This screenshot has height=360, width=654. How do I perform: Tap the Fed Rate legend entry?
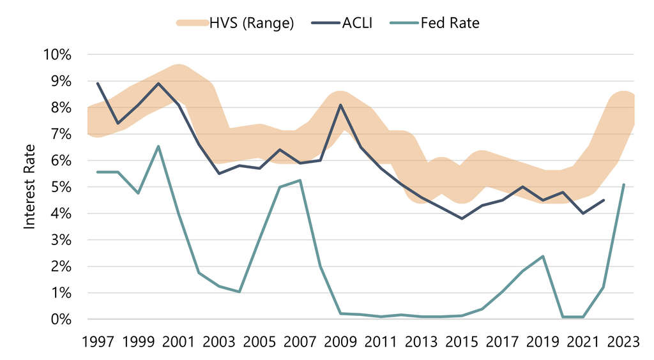pos(450,23)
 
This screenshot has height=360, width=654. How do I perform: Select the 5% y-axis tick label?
pos(60,187)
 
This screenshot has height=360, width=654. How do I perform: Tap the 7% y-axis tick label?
pos(60,134)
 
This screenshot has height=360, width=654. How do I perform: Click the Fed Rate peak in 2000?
pos(158,146)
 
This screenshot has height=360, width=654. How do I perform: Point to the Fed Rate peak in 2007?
pos(300,180)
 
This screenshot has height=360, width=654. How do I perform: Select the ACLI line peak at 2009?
pos(340,105)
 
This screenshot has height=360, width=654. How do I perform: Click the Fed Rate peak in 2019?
pos(543,256)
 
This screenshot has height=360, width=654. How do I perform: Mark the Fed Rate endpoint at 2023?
pos(623,184)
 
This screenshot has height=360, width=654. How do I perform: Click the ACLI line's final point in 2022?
pos(604,200)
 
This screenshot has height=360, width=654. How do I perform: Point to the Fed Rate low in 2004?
pos(239,292)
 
